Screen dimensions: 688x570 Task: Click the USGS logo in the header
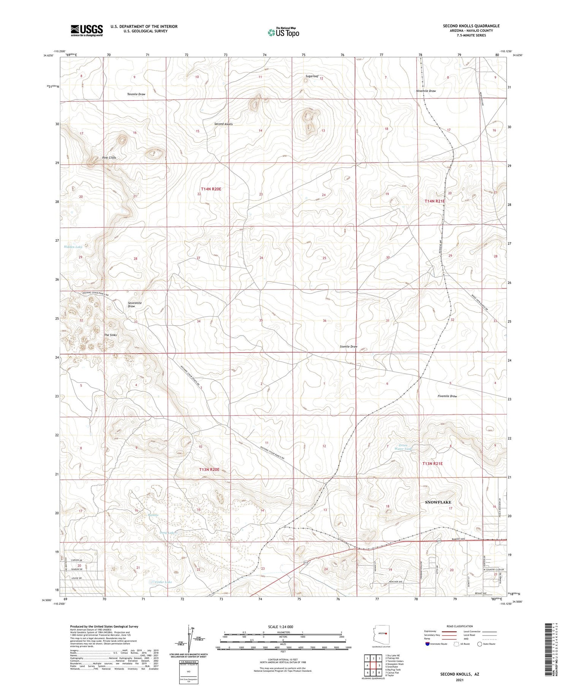(x=87, y=30)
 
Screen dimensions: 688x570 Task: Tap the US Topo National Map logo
(x=283, y=32)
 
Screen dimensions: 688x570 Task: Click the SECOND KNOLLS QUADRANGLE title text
(x=471, y=26)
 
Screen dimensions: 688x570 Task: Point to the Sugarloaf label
(x=312, y=76)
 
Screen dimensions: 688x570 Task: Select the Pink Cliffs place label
(x=109, y=157)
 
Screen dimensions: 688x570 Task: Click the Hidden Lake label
(x=73, y=247)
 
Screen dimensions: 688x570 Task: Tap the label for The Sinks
(x=111, y=335)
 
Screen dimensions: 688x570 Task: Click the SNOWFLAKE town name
(x=438, y=502)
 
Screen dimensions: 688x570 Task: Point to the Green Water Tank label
(x=405, y=447)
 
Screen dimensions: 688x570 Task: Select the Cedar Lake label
(x=163, y=582)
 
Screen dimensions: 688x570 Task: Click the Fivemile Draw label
(x=447, y=396)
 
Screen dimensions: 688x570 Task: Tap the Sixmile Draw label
(x=348, y=346)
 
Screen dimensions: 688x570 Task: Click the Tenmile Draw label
(x=136, y=94)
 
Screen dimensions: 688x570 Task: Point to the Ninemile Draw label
(x=426, y=91)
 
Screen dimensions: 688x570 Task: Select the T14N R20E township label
(x=211, y=189)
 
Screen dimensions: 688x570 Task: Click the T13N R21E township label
(x=433, y=464)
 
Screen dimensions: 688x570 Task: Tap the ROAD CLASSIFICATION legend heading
(x=459, y=626)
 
